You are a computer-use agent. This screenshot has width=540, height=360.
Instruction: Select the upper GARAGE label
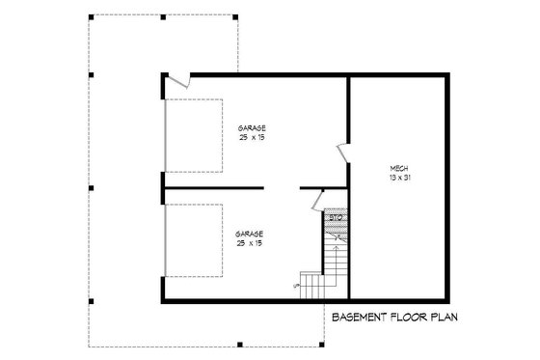tap(252, 128)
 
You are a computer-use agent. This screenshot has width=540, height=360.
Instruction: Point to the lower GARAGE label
tap(249, 233)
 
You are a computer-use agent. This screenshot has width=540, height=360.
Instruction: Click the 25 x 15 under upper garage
tap(252, 138)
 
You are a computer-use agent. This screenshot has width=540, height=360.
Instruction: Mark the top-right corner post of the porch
tap(237, 17)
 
